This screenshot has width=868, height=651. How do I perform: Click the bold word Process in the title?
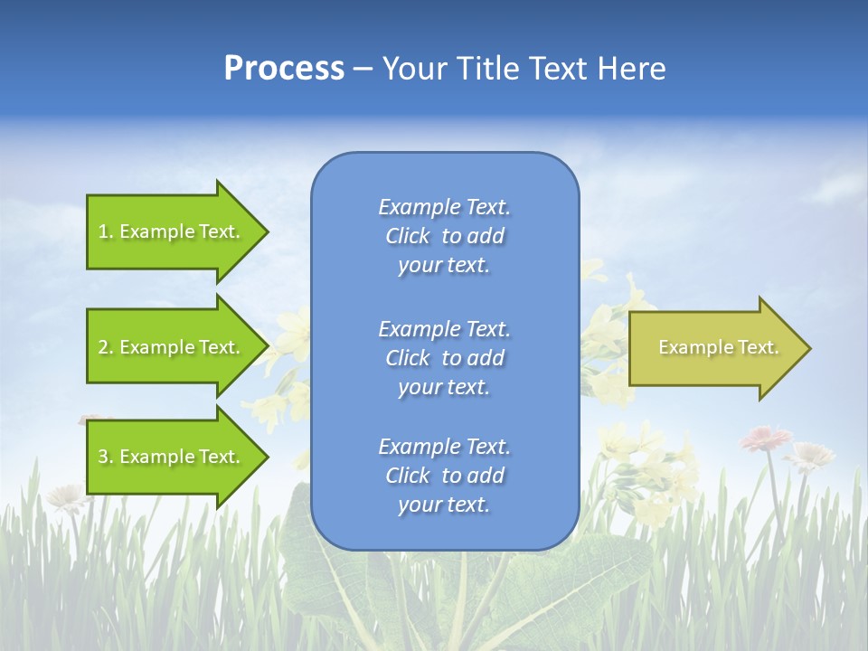(284, 69)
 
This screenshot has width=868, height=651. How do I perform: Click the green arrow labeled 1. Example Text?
(172, 231)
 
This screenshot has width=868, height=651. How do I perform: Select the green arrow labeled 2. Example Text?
(172, 347)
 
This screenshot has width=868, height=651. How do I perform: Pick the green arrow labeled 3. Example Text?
(172, 457)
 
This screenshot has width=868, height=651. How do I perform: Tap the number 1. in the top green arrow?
(106, 231)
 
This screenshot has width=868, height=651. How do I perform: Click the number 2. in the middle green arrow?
(106, 347)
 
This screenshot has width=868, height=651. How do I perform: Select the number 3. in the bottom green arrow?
(106, 457)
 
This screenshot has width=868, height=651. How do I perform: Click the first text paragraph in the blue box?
(444, 236)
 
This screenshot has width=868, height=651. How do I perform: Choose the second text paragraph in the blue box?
(444, 358)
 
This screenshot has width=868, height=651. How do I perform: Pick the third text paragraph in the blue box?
(444, 476)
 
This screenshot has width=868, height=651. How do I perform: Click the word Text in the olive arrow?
(759, 347)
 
